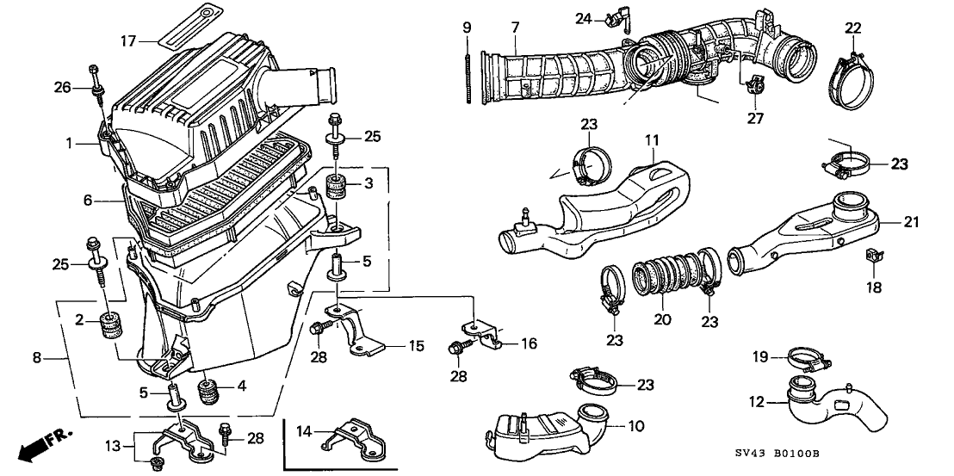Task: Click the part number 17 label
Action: [127, 40]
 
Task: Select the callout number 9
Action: [467, 28]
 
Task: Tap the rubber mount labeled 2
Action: [111, 327]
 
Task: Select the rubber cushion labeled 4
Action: [208, 393]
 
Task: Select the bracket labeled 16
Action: [486, 331]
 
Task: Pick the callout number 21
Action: [912, 223]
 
